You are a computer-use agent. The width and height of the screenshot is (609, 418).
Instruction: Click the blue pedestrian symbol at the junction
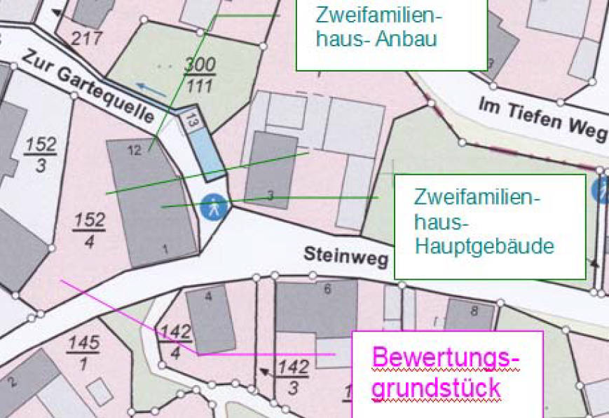(x=214, y=207)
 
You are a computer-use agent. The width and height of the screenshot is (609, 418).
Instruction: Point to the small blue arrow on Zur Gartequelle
(x=151, y=89)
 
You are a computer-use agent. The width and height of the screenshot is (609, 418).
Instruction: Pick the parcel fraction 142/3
(x=293, y=377)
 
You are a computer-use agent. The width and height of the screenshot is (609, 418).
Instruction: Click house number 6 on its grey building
(x=327, y=288)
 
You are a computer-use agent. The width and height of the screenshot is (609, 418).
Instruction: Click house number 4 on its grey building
(x=208, y=297)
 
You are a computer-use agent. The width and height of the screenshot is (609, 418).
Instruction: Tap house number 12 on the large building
(x=135, y=149)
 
